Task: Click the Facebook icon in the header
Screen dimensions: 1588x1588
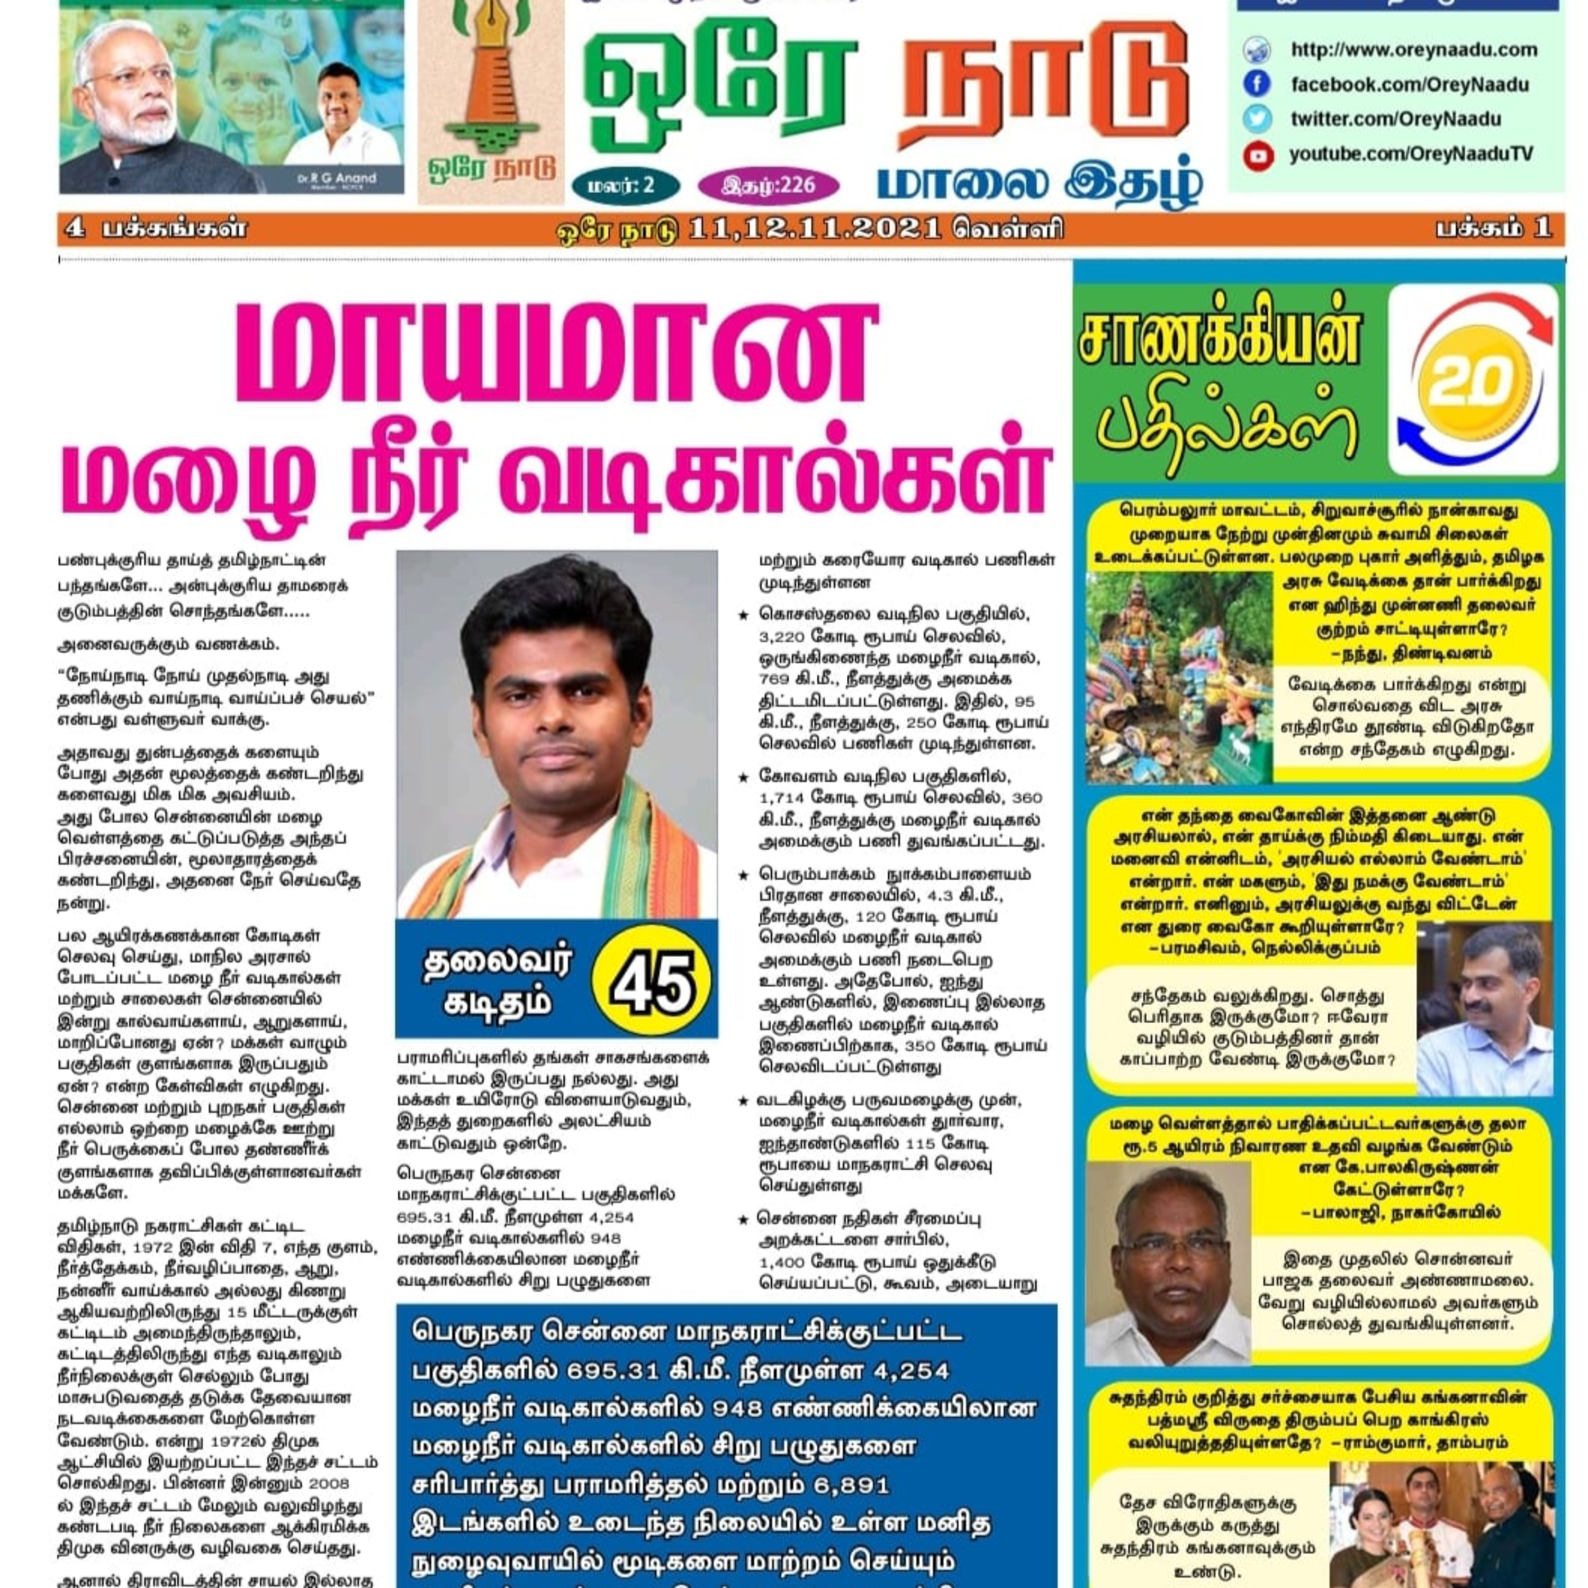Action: coord(1257,84)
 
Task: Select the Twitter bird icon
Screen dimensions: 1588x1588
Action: coord(1257,119)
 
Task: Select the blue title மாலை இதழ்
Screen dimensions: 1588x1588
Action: coord(1040,183)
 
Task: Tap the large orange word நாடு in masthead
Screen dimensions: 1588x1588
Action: coord(1044,86)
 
